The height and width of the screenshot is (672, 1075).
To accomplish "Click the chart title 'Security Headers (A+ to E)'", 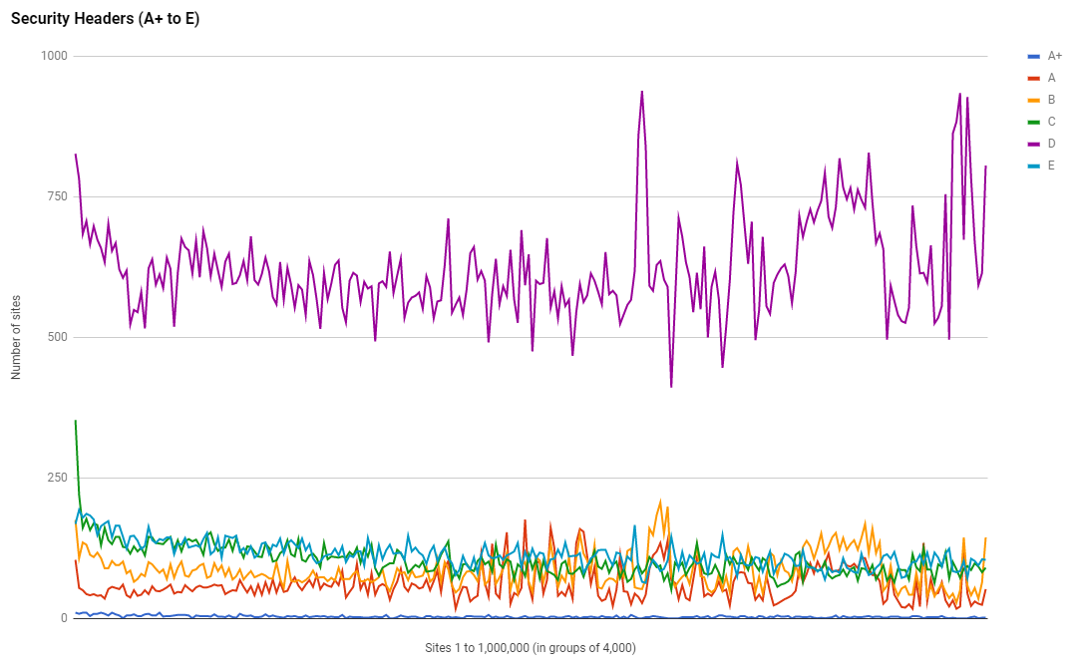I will pos(105,19).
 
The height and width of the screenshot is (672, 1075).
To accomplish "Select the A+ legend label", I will pos(1054,56).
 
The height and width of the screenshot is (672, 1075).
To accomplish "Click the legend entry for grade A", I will pos(1051,78).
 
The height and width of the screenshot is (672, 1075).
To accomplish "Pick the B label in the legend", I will pos(1051,100).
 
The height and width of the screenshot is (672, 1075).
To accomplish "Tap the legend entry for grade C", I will pos(1051,122).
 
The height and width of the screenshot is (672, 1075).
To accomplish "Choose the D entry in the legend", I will pos(1051,144).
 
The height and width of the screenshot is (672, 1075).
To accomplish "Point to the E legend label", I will pos(1051,166).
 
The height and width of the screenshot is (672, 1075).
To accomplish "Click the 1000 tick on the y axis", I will pos(53,56).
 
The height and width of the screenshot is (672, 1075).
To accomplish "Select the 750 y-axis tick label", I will pos(56,196).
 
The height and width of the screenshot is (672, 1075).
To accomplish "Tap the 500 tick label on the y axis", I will pos(56,337).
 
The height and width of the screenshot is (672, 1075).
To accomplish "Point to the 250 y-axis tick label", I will pos(56,478).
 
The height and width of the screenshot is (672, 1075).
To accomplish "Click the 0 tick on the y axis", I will pos(63,618).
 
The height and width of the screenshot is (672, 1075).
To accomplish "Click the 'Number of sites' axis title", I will pos(16,337).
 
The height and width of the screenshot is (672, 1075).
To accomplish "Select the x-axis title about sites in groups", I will pos(530,648).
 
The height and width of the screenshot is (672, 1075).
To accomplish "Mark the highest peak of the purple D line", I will pos(641,91).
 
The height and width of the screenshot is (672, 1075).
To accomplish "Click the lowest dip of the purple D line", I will pos(671,387).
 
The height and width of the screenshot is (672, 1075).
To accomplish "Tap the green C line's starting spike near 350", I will pos(76,421).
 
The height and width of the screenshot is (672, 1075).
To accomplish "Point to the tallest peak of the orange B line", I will pos(660,502).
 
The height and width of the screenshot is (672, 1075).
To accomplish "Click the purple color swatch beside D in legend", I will pos(1034,144).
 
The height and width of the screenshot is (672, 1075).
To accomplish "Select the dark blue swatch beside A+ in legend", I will pos(1034,56).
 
